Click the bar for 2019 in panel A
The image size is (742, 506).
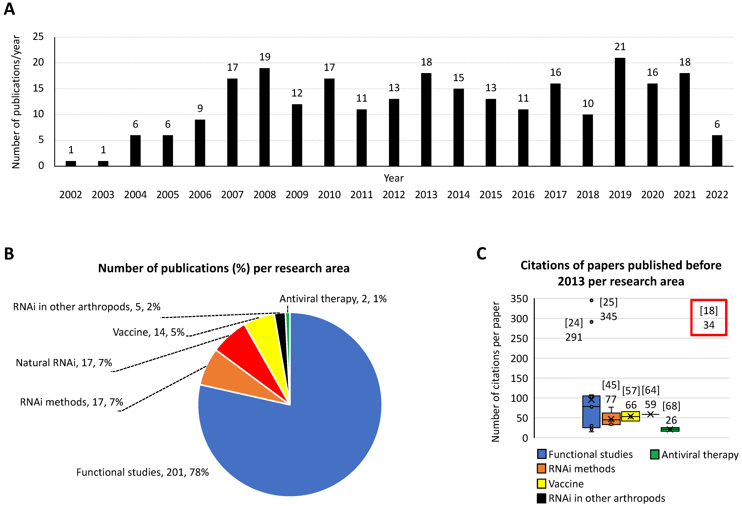coord(620,112)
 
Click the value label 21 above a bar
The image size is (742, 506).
coord(620,47)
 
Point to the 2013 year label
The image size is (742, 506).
coord(426,195)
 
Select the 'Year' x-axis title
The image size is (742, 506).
coord(393,178)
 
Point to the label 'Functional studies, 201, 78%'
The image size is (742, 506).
coord(142,472)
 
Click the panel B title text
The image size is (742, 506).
coord(223,268)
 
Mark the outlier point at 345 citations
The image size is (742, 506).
coord(591,300)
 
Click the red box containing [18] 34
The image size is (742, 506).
coord(708,318)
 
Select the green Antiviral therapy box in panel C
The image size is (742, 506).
coord(670,429)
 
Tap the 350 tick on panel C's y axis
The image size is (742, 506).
coord(519,299)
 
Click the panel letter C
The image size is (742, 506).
coord(481,254)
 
